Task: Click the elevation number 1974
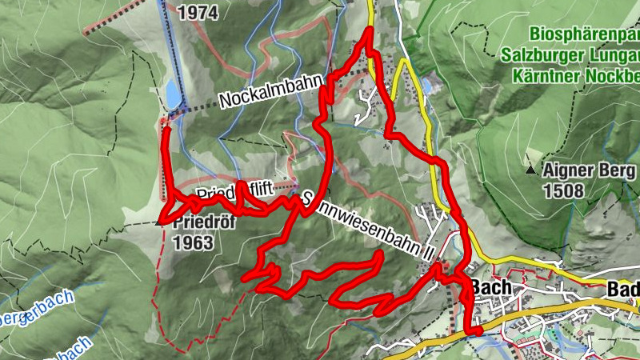click(x=200, y=12)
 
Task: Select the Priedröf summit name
click(x=204, y=223)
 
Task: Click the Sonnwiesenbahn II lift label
click(x=368, y=226)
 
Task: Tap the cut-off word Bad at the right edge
click(x=624, y=289)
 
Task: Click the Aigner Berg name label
click(x=590, y=170)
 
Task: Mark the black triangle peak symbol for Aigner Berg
click(x=530, y=170)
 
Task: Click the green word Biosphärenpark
click(x=584, y=35)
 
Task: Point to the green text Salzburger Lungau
click(x=571, y=56)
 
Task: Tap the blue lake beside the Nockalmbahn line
click(x=173, y=94)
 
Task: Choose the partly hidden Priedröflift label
click(x=235, y=194)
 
